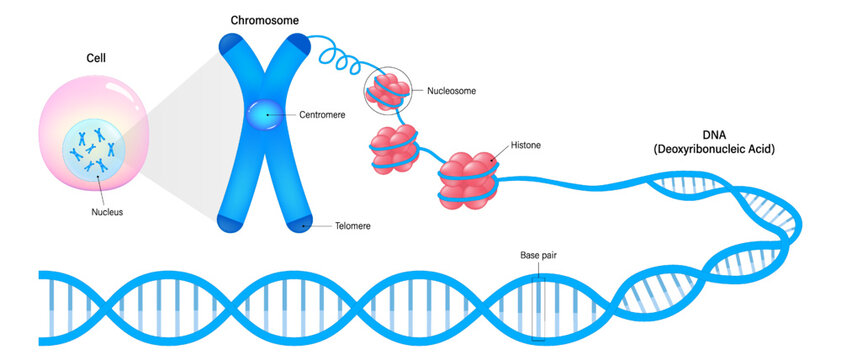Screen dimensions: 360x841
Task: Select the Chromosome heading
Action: coord(264,20)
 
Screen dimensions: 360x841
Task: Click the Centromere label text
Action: coord(322,115)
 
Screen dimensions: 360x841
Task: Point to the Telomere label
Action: coord(350,227)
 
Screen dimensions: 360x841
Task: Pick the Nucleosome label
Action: coord(451,91)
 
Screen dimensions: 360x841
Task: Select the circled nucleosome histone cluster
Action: coord(385,91)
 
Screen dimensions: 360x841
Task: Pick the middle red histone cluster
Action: coord(393,145)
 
